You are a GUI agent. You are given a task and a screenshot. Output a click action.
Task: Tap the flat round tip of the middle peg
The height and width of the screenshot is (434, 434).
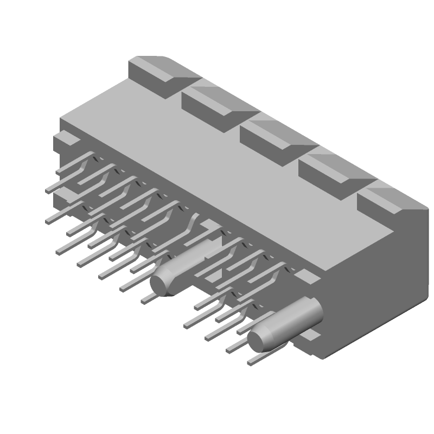(x=161, y=282)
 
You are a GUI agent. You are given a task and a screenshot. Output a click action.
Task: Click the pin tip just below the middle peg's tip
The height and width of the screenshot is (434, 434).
(x=146, y=299)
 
